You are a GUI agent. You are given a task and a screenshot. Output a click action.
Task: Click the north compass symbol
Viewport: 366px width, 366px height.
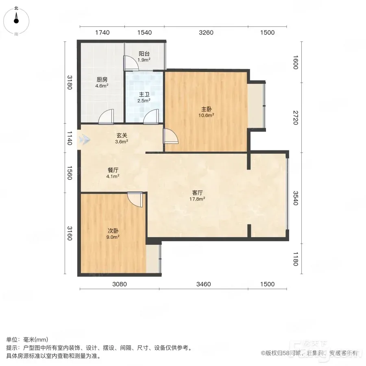pos(16,21)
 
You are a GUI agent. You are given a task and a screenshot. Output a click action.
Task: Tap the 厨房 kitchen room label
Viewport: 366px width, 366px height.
pos(102,80)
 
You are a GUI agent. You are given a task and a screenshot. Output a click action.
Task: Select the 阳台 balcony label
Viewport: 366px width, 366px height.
pos(144,54)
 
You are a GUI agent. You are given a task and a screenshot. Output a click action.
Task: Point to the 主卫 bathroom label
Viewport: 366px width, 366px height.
pos(144,94)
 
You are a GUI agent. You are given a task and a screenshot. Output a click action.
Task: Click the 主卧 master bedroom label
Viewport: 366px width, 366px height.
pos(206,109)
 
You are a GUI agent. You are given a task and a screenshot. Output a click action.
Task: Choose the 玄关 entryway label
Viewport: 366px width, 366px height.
pos(122,135)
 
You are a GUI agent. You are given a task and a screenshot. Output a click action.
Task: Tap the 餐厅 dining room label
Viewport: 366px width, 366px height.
pos(113,170)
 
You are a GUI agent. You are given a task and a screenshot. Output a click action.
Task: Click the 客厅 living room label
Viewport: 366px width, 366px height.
pos(197,193)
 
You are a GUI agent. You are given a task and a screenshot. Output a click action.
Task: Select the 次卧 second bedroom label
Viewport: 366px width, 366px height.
pos(113,231)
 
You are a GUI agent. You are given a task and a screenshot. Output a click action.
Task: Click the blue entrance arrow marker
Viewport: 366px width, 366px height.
pos(85,140)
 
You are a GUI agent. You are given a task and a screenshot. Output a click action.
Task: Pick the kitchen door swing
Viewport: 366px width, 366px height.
pos(106,116)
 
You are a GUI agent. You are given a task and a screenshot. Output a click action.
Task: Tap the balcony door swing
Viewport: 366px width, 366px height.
pos(131,63)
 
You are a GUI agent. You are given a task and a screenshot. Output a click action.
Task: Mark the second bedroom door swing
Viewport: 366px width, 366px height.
pos(135,199)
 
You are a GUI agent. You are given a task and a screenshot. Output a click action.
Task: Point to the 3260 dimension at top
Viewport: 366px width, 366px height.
pos(206,33)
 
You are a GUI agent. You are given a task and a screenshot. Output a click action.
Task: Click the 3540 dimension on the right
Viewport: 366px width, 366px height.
pos(296,198)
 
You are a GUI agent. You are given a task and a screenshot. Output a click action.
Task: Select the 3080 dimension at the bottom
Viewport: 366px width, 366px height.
pos(120,284)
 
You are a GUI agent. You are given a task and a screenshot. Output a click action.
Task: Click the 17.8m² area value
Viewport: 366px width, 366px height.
pos(197,199)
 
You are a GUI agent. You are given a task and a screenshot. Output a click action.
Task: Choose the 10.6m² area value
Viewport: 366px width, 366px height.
pos(206,115)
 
